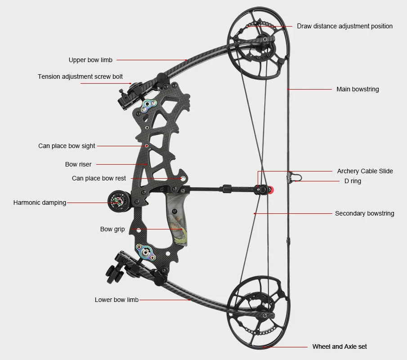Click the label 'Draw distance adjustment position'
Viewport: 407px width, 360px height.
(x=344, y=26)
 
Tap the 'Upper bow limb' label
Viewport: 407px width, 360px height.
(x=90, y=60)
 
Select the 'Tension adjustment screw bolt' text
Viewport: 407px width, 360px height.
(x=80, y=76)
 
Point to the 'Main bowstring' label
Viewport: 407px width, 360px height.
(x=358, y=89)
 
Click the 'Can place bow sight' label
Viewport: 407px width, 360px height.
(x=67, y=146)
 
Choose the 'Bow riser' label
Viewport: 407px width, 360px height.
(x=78, y=164)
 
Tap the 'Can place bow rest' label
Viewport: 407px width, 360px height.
(x=99, y=178)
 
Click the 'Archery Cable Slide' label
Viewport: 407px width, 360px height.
(x=365, y=171)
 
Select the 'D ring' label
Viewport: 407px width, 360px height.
(x=353, y=181)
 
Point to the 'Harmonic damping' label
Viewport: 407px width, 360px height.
(x=40, y=202)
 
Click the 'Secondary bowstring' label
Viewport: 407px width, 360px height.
(x=364, y=213)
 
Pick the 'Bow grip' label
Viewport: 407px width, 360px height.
(x=112, y=229)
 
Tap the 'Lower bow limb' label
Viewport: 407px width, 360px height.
(x=116, y=300)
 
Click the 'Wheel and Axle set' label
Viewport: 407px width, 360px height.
(x=340, y=346)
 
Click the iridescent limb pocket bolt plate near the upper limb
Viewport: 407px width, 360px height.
(x=149, y=106)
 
